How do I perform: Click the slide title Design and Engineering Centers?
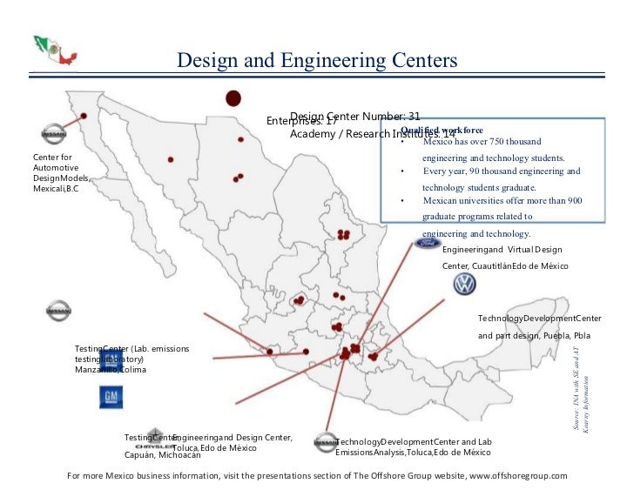[x=317, y=60]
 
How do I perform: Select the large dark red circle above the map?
[x=233, y=98]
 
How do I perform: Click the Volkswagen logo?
[x=465, y=285]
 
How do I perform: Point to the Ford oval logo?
[x=428, y=246]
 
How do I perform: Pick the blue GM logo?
[x=111, y=398]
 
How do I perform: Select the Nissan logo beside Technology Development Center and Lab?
[x=326, y=442]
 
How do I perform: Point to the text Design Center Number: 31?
[x=355, y=116]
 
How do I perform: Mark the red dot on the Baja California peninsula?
[x=84, y=115]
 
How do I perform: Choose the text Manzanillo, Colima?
[x=111, y=370]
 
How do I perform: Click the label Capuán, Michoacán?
[x=163, y=454]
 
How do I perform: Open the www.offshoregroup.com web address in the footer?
[x=518, y=476]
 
